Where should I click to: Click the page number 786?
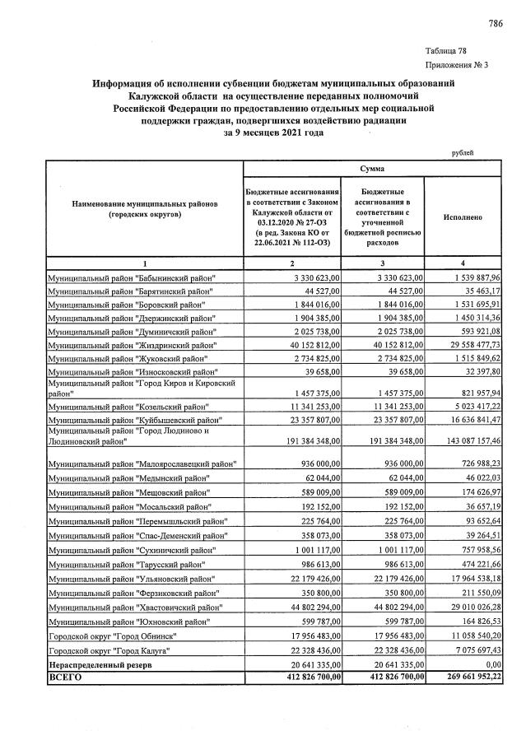[495, 23]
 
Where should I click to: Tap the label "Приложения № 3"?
[457, 64]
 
